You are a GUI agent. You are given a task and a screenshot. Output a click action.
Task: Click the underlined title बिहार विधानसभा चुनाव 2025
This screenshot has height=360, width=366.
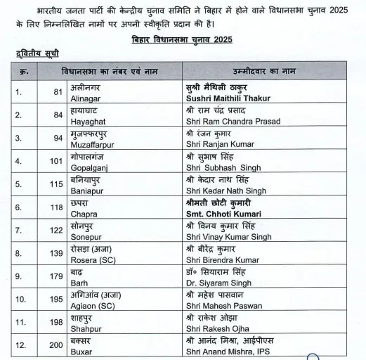[x=182, y=39]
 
